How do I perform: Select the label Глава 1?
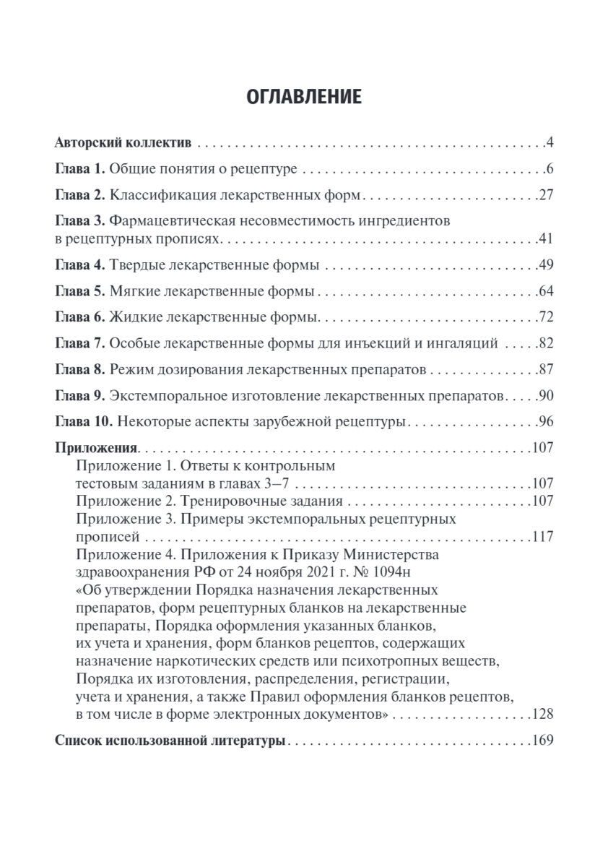coord(80,171)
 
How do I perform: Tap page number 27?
coord(545,196)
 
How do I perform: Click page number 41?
coord(545,239)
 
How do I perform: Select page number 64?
coord(545,293)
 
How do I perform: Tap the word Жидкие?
coord(136,318)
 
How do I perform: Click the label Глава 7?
coord(80,344)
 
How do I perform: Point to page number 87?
coord(545,371)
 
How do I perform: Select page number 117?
coord(542,537)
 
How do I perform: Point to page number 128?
coord(542,715)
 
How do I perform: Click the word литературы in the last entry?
coord(247,741)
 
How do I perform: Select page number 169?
coord(542,741)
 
